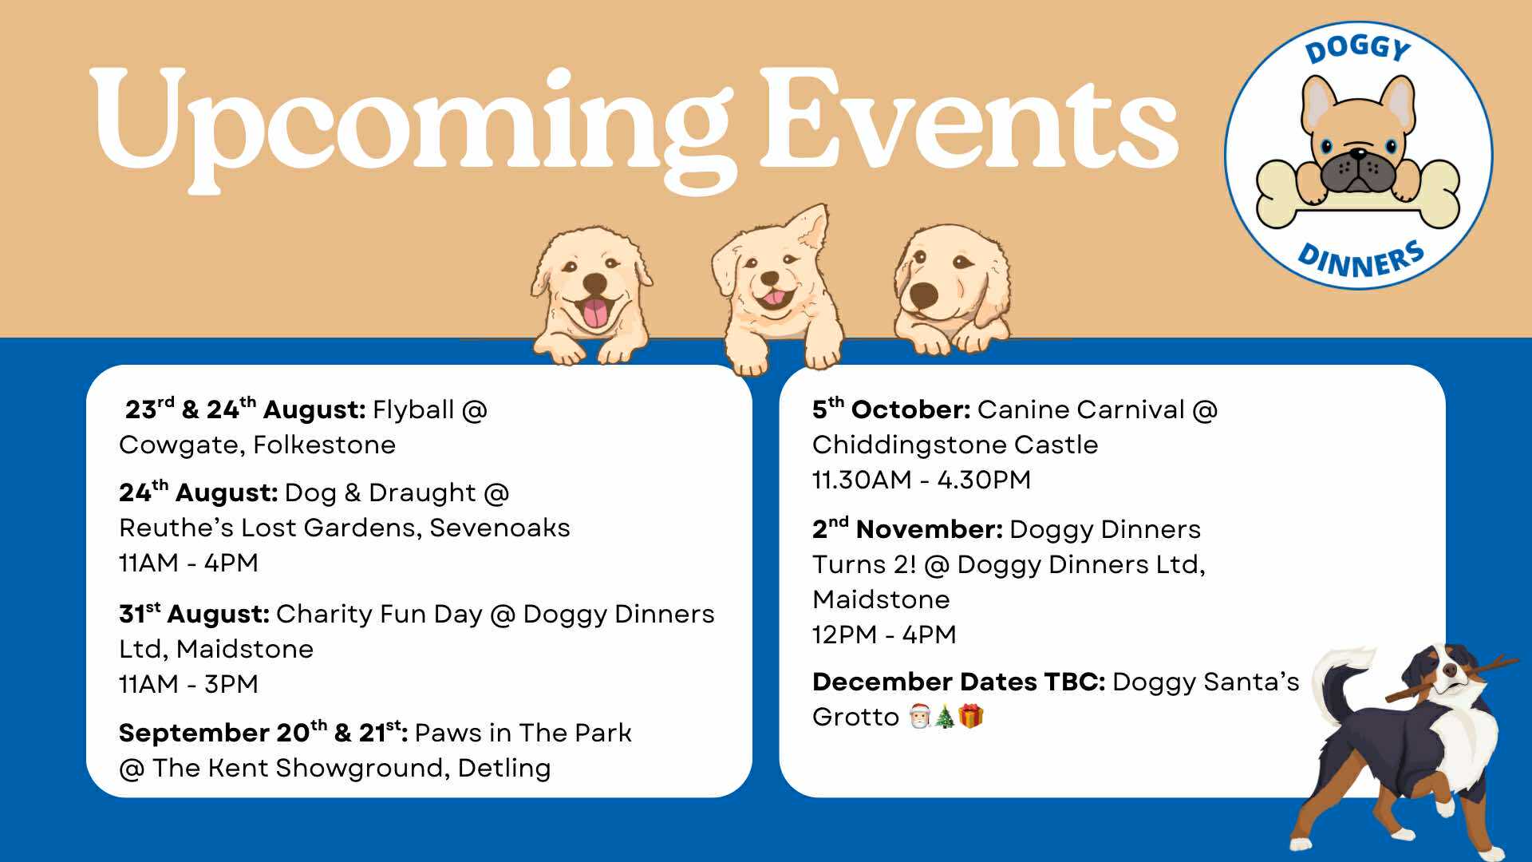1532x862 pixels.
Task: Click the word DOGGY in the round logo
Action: point(1358,49)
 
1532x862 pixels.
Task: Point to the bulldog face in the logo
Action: point(1357,144)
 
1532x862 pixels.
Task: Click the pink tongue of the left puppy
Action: point(594,313)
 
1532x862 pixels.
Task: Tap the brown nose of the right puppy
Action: point(924,294)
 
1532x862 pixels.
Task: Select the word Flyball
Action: point(413,410)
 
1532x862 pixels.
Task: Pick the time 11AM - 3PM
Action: point(189,685)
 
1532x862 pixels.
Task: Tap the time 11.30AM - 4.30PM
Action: point(922,480)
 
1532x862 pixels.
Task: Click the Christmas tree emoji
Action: point(945,717)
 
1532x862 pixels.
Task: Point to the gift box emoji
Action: point(971,717)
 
